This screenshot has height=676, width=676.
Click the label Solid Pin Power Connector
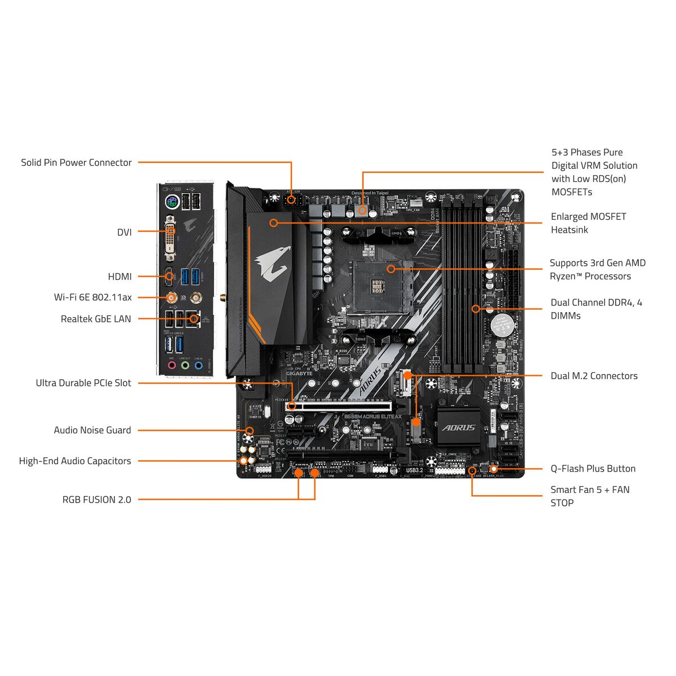click(x=76, y=163)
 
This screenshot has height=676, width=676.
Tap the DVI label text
click(x=124, y=232)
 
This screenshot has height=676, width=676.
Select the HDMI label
click(x=119, y=277)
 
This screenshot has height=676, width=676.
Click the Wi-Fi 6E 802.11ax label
click(x=92, y=297)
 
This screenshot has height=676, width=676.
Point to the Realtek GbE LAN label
click(x=96, y=319)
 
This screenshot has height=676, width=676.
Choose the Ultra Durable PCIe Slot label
click(x=83, y=383)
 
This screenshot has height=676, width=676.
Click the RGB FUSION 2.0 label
click(x=96, y=500)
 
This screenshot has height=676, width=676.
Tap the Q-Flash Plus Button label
click(x=593, y=469)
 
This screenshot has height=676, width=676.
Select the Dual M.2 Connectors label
click(x=594, y=376)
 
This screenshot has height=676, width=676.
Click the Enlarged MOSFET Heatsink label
click(x=588, y=223)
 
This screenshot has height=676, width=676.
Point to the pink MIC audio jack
click(x=172, y=365)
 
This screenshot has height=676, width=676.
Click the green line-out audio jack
click(x=185, y=365)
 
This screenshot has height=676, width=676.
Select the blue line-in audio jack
click(x=198, y=365)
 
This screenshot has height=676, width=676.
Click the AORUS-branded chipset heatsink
click(x=459, y=428)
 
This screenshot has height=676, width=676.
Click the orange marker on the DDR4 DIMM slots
click(x=475, y=309)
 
